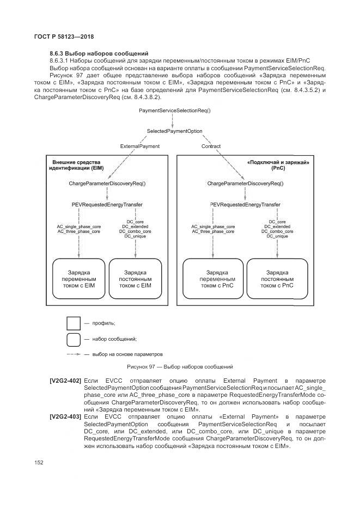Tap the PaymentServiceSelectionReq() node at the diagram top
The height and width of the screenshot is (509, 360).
click(x=174, y=110)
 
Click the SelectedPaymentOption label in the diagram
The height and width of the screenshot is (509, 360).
click(x=174, y=131)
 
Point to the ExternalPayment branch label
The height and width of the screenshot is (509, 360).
click(x=140, y=146)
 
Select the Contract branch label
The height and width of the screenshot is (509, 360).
click(x=211, y=146)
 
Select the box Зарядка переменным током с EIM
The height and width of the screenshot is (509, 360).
click(x=78, y=278)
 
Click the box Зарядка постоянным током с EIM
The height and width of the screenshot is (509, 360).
click(x=135, y=278)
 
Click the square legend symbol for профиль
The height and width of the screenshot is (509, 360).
click(x=74, y=323)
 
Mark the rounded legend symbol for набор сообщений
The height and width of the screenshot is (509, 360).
click(x=74, y=339)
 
